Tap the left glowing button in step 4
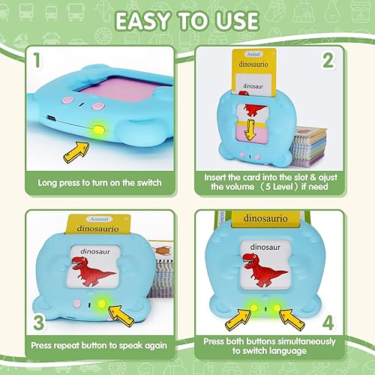click(x=254, y=308)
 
